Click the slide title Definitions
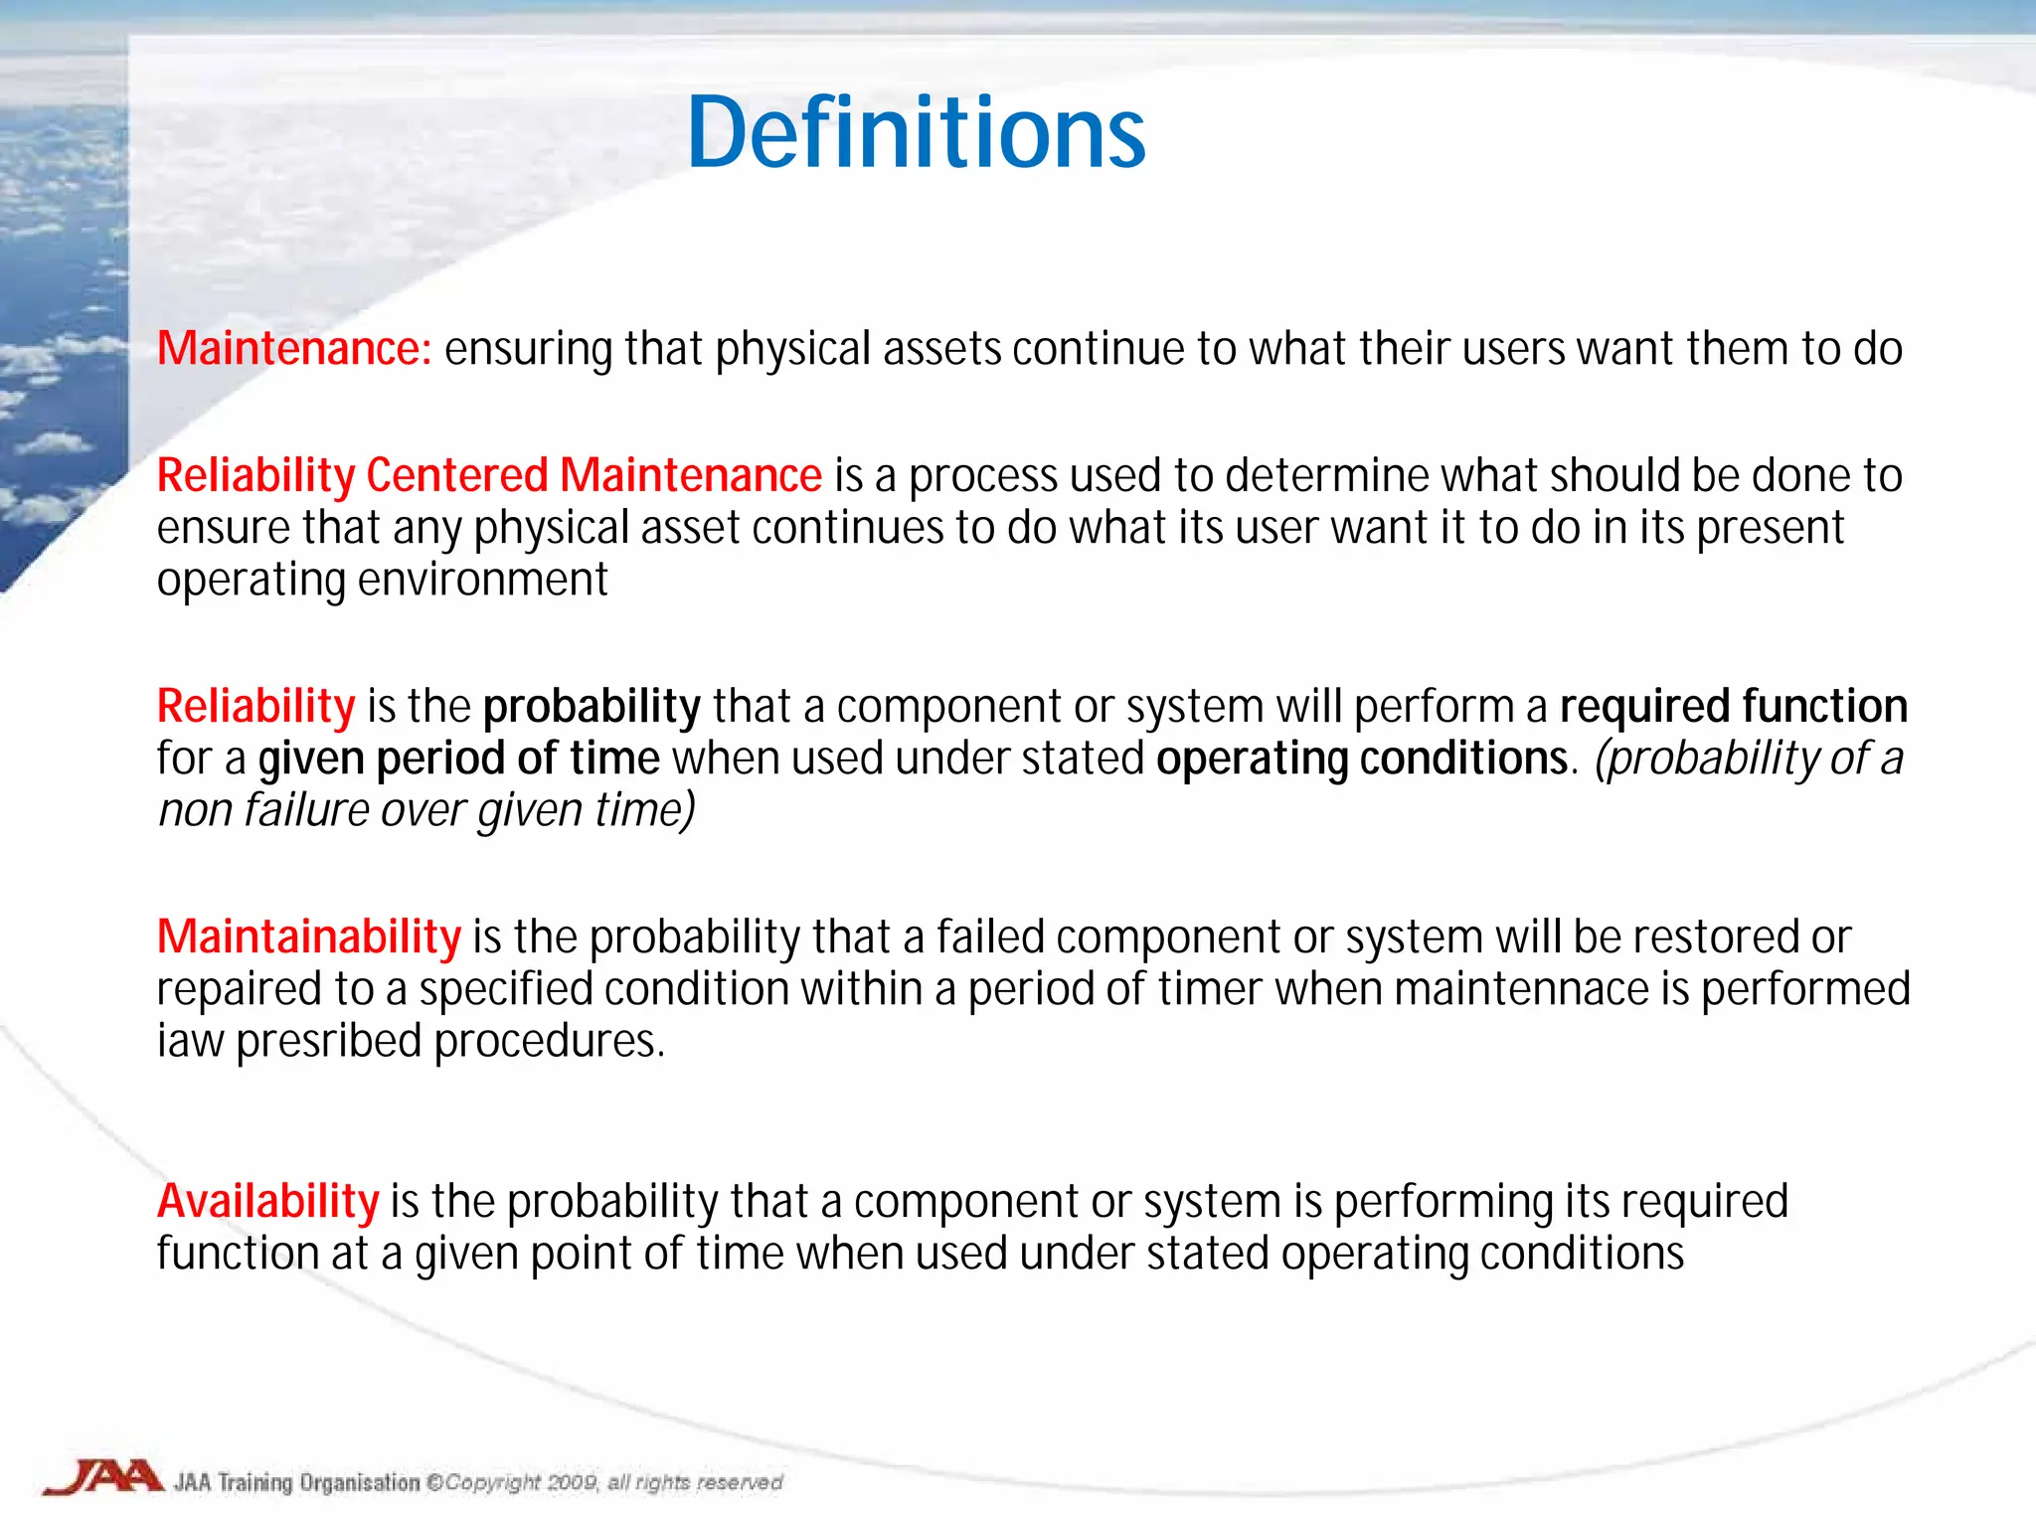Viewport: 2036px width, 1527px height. point(916,133)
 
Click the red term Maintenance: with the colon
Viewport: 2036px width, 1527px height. point(294,349)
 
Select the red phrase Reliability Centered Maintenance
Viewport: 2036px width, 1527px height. point(489,475)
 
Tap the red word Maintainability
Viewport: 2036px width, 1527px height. point(309,936)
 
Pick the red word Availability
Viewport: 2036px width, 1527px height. point(268,1201)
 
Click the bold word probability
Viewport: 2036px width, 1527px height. point(593,707)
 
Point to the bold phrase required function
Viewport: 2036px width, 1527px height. point(1733,707)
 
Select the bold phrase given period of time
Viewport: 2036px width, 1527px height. point(458,759)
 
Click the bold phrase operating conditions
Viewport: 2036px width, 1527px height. point(1361,759)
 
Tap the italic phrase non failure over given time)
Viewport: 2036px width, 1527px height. point(426,810)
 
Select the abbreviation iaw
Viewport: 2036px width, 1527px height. point(190,1042)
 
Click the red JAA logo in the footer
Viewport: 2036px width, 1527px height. point(103,1477)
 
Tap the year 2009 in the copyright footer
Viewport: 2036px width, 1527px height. point(572,1482)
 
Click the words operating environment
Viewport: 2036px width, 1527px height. point(383,580)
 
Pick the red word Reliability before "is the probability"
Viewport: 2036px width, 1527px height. point(256,707)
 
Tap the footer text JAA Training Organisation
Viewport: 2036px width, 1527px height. point(297,1482)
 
